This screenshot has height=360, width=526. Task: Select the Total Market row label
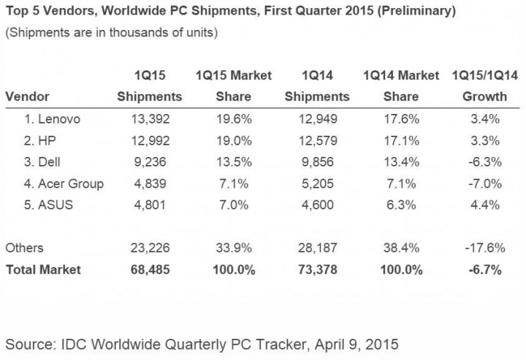pyautogui.click(x=43, y=269)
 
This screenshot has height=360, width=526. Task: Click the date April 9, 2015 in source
pyautogui.click(x=349, y=342)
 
